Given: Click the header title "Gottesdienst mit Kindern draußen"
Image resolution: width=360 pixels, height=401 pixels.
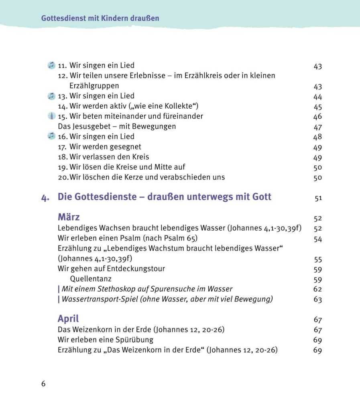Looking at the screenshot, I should point(100,18).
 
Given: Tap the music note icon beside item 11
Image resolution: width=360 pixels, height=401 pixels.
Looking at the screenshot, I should point(51,65).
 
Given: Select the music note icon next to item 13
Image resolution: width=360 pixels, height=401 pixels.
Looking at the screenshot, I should point(51,96).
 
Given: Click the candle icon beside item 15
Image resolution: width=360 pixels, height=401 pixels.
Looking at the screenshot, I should point(51,116).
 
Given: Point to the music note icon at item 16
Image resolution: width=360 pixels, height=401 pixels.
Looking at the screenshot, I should point(51,136).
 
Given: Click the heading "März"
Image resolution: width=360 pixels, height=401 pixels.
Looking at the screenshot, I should point(69,217).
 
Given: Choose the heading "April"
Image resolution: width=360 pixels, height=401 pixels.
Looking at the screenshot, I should point(68,319).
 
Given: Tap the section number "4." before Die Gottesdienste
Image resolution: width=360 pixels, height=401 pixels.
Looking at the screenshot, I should point(45,198).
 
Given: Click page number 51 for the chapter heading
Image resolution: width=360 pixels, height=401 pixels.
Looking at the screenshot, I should point(318,198).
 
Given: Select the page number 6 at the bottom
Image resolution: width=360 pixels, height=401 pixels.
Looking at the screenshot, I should point(43,384).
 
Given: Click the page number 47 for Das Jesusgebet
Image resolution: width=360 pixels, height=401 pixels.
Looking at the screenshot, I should point(317,127).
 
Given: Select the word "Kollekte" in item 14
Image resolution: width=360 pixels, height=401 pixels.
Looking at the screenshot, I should point(177,106).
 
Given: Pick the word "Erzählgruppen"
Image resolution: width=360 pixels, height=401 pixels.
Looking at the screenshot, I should point(94,86).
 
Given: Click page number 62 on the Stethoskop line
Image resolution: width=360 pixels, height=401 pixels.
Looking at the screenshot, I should point(317,289).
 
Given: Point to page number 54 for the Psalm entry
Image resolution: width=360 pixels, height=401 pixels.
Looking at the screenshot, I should point(317,239).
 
